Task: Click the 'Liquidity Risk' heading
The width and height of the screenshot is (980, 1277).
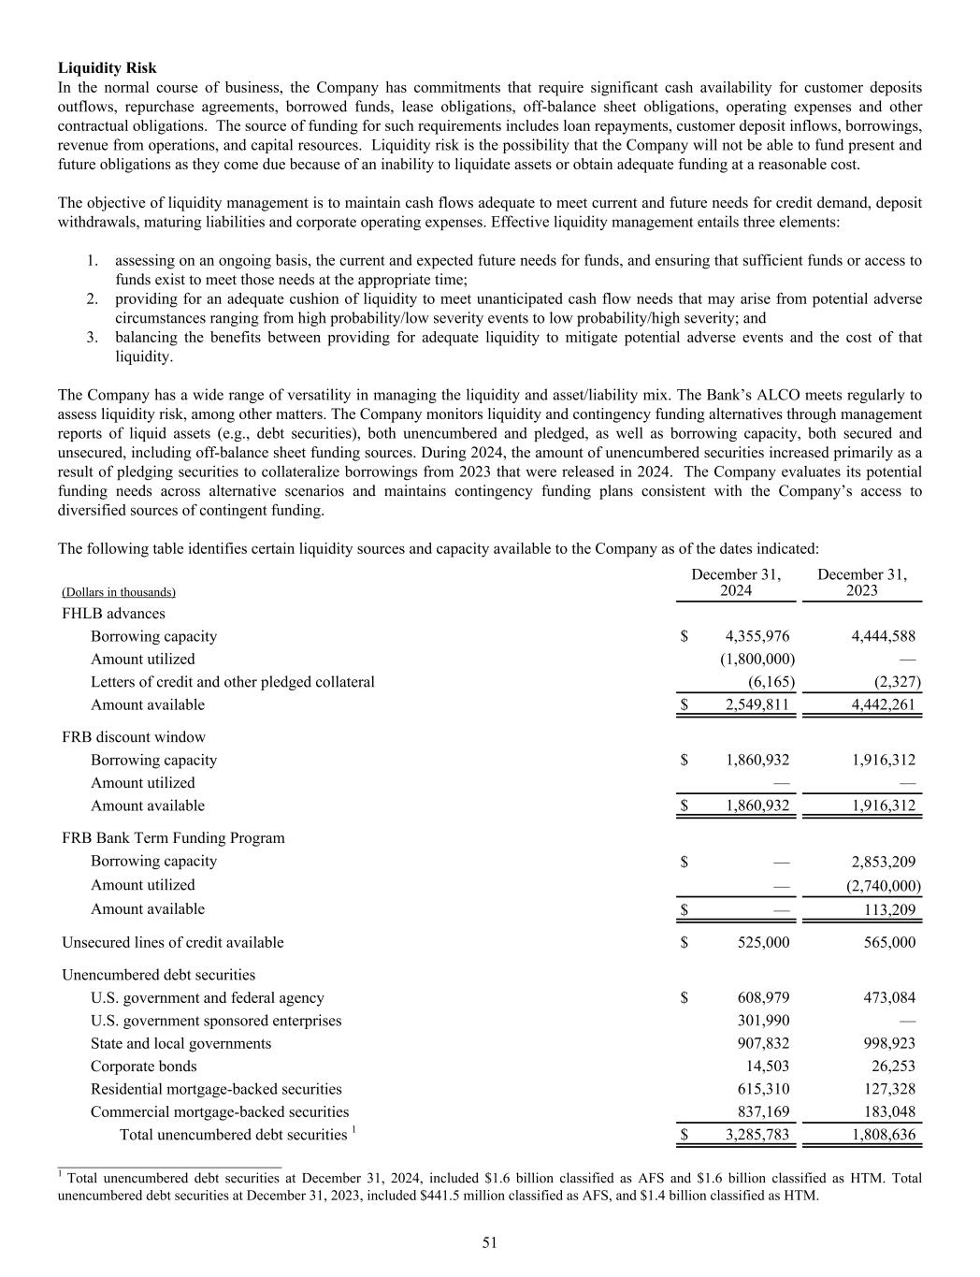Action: (108, 68)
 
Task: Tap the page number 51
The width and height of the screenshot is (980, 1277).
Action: (490, 1242)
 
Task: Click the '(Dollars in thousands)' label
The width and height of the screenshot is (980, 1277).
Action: (119, 592)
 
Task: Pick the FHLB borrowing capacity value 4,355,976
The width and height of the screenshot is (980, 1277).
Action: (757, 636)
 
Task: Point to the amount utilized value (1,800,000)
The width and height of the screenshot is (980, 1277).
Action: (757, 659)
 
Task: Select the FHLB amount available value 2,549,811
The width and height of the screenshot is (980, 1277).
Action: (757, 704)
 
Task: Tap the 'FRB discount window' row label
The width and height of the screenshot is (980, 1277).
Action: (134, 737)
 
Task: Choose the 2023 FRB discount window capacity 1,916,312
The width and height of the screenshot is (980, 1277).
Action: (884, 760)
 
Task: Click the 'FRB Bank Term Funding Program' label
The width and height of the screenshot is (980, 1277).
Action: (173, 837)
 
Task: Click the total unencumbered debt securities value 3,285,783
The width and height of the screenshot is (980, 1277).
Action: (757, 1135)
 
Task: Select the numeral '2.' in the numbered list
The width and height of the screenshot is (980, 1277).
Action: (93, 299)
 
